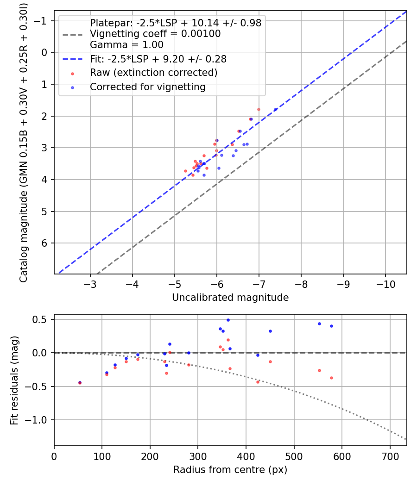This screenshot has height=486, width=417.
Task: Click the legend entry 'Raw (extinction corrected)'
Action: point(153,73)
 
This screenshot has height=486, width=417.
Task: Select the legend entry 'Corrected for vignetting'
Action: point(147,87)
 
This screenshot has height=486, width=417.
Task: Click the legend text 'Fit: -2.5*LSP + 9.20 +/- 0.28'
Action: point(158,59)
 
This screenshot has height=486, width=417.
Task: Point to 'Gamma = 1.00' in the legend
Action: point(126,45)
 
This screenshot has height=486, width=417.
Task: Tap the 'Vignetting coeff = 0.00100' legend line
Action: point(155,34)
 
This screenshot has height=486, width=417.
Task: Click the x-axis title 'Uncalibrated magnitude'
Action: point(230,298)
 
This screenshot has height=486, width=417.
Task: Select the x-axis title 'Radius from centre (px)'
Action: point(230,470)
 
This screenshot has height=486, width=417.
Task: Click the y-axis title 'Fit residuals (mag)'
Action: point(14,380)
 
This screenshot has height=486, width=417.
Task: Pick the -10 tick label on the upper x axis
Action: point(385,284)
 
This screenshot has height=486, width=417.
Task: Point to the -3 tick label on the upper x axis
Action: point(90,284)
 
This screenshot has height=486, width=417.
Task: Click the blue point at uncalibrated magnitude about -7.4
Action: point(276,109)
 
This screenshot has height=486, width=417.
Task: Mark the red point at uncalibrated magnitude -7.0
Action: point(259,109)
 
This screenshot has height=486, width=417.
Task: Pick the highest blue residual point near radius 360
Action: point(228,320)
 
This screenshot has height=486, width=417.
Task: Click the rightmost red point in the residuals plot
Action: point(331,378)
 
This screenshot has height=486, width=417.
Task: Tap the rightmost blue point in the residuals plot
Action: point(331,326)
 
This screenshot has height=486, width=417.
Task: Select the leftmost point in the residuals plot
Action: point(80,383)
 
